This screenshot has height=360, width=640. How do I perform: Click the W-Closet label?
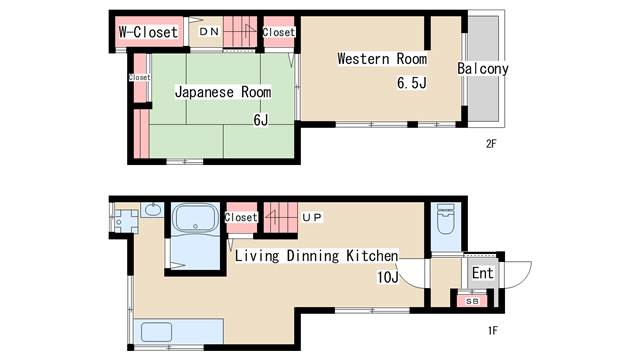(149, 32)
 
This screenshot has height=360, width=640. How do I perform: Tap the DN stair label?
(209, 31)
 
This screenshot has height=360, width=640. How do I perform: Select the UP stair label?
(312, 217)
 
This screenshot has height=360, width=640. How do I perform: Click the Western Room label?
(382, 59)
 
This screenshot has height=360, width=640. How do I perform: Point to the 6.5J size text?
(412, 83)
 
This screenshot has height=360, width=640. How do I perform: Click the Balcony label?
(483, 69)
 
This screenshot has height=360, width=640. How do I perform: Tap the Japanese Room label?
(223, 92)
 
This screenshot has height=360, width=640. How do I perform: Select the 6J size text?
(261, 120)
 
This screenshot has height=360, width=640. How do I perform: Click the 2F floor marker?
(491, 144)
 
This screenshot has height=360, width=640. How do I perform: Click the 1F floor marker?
(493, 330)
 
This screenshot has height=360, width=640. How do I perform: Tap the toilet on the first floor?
(445, 219)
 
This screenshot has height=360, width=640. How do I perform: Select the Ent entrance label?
(482, 273)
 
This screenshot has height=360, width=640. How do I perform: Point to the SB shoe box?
(472, 301)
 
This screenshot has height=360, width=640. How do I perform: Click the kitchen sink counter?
(178, 331)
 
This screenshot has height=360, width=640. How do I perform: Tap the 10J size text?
(388, 277)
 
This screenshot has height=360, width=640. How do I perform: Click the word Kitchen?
(372, 256)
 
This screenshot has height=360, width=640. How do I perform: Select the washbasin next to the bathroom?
(153, 210)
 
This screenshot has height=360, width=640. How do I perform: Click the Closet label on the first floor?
(241, 217)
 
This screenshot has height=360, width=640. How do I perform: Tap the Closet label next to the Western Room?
(278, 32)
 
